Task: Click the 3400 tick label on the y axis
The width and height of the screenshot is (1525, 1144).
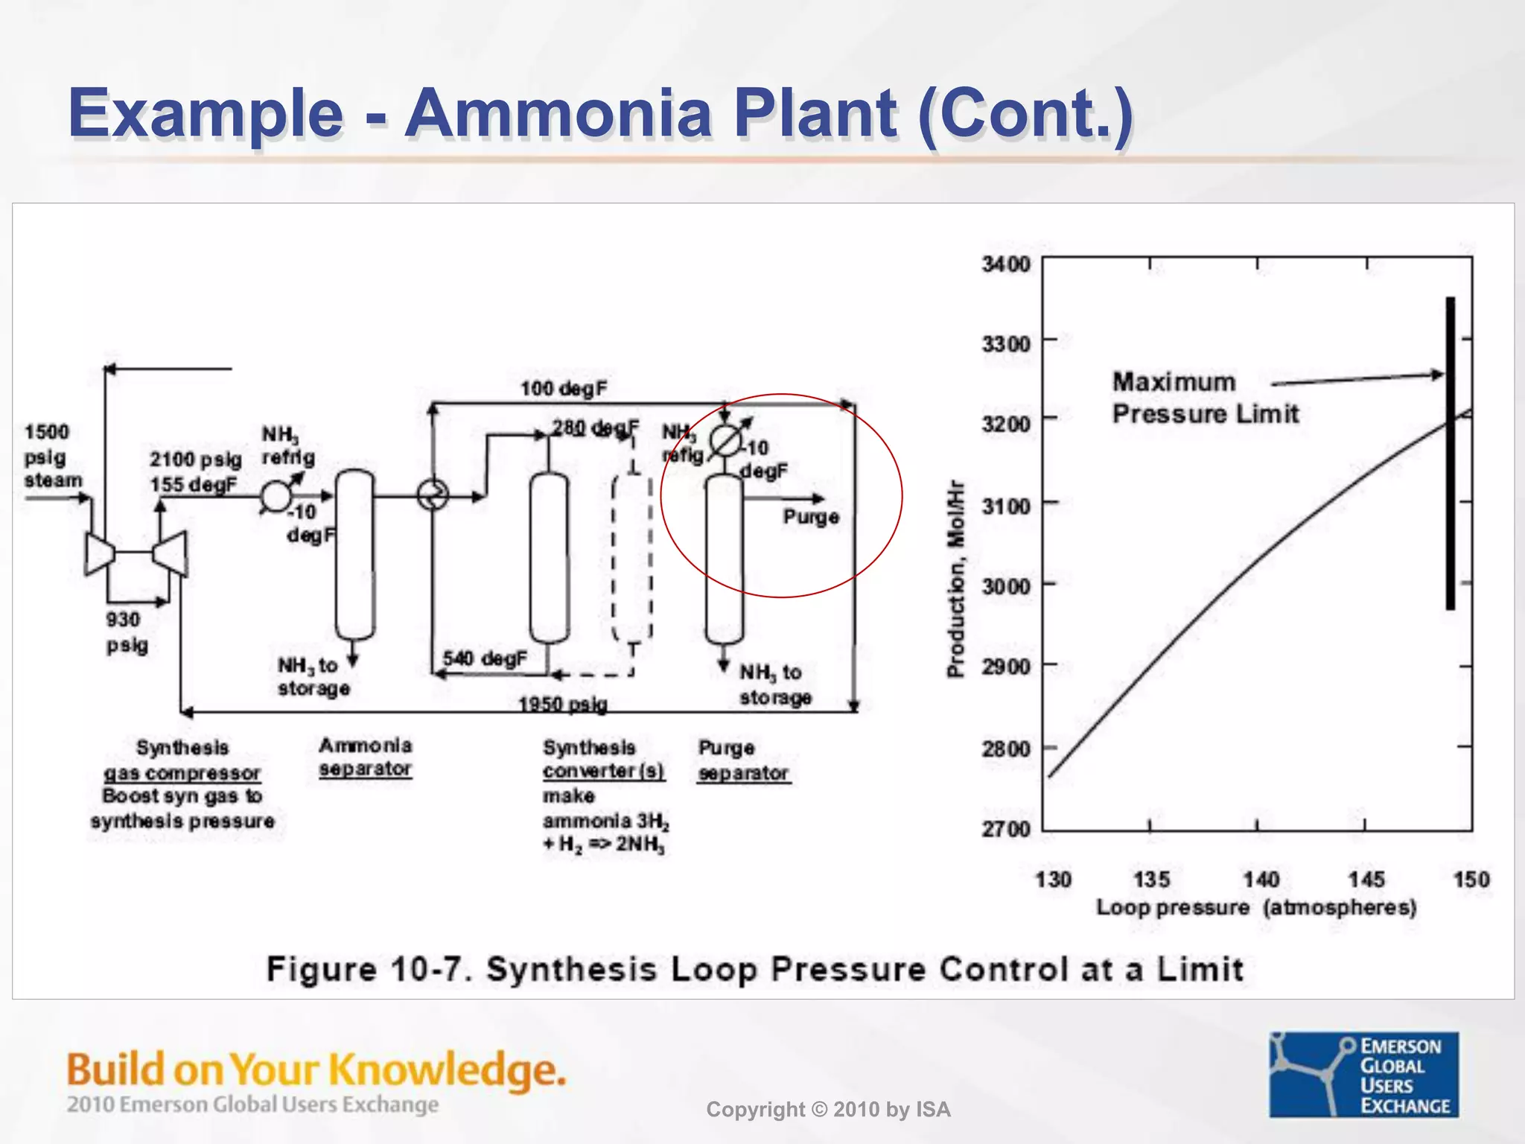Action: pyautogui.click(x=1006, y=264)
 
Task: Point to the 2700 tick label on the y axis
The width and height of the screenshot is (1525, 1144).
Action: pyautogui.click(x=1006, y=828)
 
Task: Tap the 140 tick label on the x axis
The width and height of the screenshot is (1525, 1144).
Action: pyautogui.click(x=1261, y=880)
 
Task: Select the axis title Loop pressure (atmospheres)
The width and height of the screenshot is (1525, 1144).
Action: pyautogui.click(x=1256, y=908)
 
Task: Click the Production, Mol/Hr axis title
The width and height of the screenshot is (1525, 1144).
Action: pyautogui.click(x=955, y=579)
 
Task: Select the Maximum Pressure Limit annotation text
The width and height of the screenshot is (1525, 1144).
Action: pyautogui.click(x=1205, y=398)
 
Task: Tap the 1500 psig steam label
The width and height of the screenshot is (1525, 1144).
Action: pyautogui.click(x=51, y=456)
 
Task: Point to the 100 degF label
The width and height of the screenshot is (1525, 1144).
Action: pyautogui.click(x=564, y=388)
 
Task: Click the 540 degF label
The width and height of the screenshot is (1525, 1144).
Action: pyautogui.click(x=485, y=658)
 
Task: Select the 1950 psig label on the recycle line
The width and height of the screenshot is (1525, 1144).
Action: pyautogui.click(x=563, y=704)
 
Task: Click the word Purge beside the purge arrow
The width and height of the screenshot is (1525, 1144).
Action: pyautogui.click(x=811, y=517)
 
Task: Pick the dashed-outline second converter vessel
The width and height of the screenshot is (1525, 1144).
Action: pyautogui.click(x=632, y=559)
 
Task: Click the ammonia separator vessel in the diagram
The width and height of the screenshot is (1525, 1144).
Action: pyautogui.click(x=354, y=555)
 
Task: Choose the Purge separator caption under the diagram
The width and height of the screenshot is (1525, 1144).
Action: pyautogui.click(x=743, y=760)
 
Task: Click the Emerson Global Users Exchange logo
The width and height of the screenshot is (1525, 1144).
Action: pyautogui.click(x=1363, y=1074)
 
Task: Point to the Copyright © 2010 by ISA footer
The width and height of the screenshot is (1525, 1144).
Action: pyautogui.click(x=828, y=1110)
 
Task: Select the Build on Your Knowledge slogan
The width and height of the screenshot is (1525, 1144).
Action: pyautogui.click(x=316, y=1070)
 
